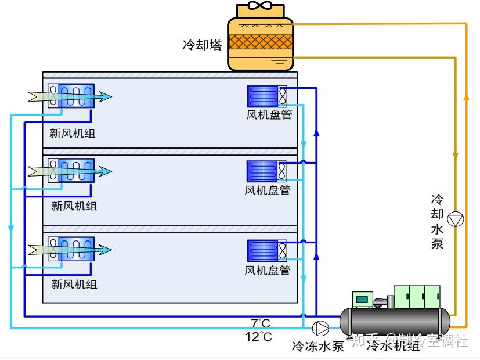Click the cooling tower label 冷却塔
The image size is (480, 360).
(x=202, y=45)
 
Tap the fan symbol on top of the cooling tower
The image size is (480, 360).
(x=260, y=7)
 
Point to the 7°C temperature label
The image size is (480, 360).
(x=261, y=323)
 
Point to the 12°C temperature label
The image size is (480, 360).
(x=258, y=336)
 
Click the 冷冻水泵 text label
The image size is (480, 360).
(x=317, y=346)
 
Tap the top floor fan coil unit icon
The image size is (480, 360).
(x=267, y=96)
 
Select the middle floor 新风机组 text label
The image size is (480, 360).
(x=74, y=206)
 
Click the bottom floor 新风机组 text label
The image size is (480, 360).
(x=74, y=285)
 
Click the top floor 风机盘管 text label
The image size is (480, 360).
(x=269, y=115)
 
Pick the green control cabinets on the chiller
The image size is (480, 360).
(x=417, y=297)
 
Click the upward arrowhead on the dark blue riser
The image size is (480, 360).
(x=316, y=132)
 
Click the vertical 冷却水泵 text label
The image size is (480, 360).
(x=437, y=221)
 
